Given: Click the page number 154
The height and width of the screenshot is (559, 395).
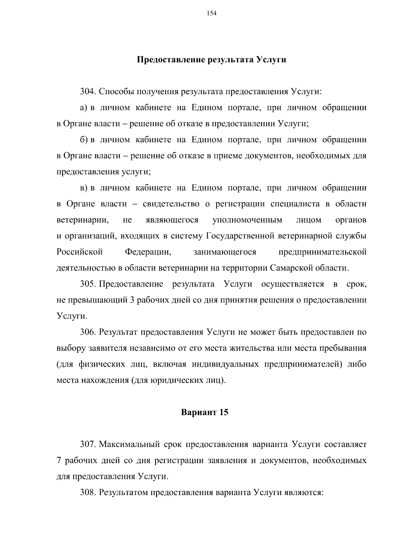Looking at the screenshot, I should [211, 13].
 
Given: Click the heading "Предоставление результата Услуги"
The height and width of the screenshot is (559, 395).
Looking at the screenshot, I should [211, 60].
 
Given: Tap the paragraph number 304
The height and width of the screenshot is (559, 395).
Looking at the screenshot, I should [88, 91].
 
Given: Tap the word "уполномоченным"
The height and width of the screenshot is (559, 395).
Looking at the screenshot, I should [247, 220].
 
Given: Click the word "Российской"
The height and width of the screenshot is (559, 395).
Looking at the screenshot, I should [80, 252].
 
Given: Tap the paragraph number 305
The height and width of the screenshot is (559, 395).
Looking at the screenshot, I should [88, 284].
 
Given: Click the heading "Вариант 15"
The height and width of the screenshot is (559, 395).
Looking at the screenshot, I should [205, 412].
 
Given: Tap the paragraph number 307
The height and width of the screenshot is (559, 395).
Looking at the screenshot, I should [88, 444].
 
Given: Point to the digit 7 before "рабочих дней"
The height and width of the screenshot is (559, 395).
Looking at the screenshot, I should [59, 461].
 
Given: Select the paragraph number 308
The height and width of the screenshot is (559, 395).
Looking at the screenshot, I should [88, 492].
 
